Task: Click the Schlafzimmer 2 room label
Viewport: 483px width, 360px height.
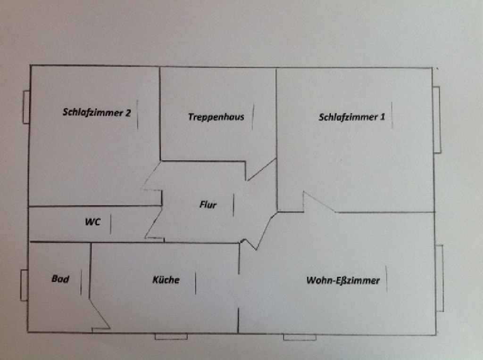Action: (x=97, y=112)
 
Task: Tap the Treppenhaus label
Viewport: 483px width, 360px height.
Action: (x=216, y=117)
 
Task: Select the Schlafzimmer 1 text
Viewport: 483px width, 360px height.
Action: (x=352, y=117)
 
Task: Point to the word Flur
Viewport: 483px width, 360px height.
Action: (x=208, y=205)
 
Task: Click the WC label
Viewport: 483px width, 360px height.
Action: (x=92, y=222)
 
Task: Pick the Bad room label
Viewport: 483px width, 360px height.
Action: (x=60, y=279)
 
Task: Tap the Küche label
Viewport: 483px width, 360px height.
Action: (x=166, y=280)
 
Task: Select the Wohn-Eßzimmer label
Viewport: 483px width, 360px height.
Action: (x=343, y=280)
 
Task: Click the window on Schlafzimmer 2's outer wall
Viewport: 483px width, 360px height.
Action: (x=26, y=107)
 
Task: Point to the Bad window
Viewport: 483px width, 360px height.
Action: (x=24, y=285)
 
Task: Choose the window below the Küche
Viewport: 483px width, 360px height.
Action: (x=171, y=336)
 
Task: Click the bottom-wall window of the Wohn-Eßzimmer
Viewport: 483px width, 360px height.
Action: (x=300, y=337)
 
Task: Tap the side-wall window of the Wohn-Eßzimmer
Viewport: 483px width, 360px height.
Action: (x=440, y=278)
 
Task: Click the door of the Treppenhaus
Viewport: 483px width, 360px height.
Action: (x=261, y=169)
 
